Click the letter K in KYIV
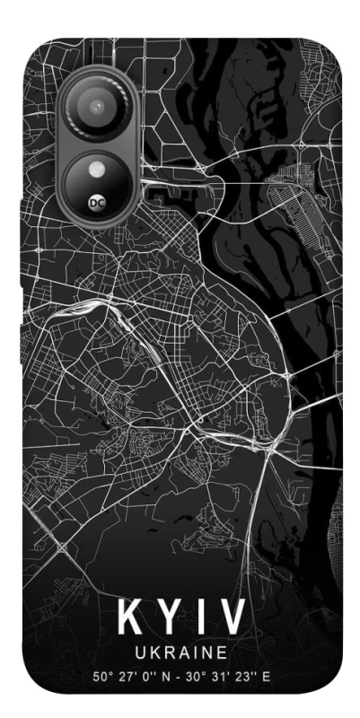127,617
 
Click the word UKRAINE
179,651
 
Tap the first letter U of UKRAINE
141,651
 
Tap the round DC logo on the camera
97,202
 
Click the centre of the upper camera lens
95,108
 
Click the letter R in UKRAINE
166,651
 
